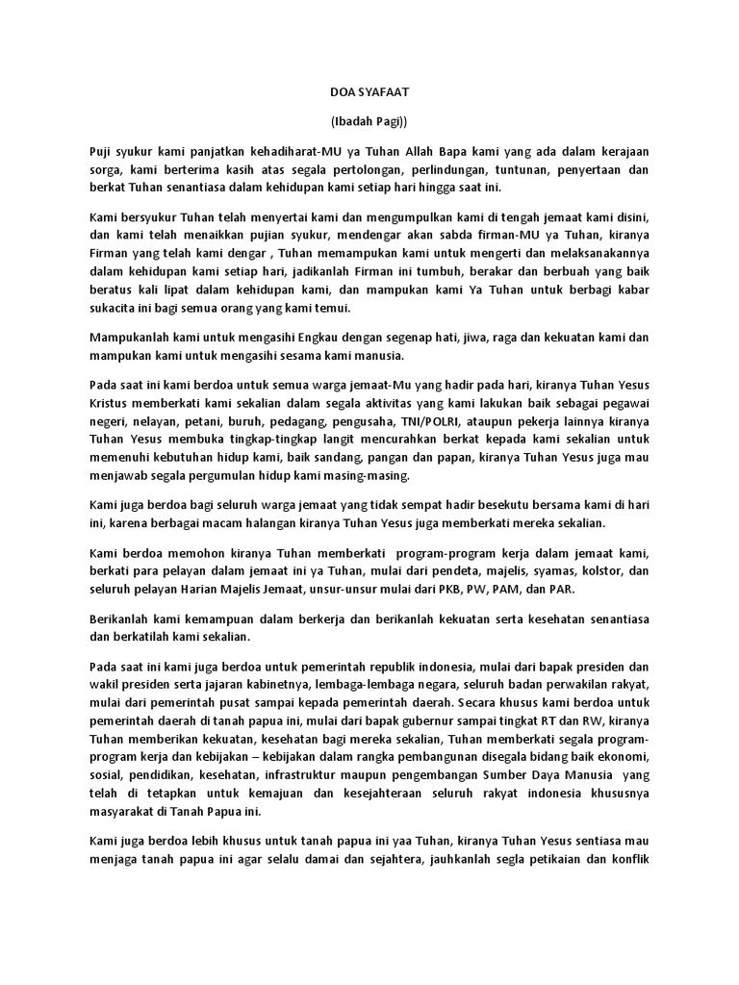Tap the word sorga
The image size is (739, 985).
click(x=101, y=170)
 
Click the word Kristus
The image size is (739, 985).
click(x=110, y=402)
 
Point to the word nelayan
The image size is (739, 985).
click(x=151, y=421)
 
